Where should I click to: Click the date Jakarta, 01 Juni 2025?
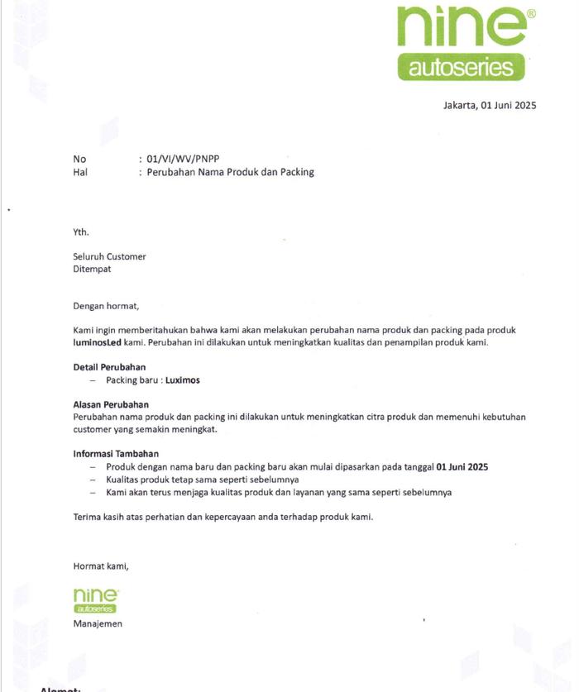490,105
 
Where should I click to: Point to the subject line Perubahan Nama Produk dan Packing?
230,172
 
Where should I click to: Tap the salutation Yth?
81,231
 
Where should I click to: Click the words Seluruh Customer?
109,256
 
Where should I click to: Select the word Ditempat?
92,269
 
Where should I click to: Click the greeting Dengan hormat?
106,306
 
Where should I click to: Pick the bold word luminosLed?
97,342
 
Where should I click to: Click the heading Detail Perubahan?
109,367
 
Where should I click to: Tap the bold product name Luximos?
182,380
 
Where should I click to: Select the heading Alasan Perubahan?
111,404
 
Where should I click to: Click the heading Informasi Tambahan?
116,454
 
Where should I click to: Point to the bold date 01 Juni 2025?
462,467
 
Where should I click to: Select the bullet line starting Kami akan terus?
278,492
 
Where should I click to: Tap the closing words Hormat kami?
101,566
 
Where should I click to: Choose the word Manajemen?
98,623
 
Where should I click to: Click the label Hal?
80,172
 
